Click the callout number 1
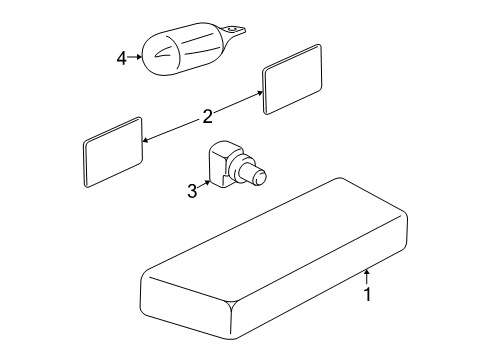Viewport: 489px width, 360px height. point(367,294)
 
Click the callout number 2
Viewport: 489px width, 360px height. point(207,117)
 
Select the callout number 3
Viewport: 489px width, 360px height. point(192,191)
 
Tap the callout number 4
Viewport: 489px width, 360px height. point(122,59)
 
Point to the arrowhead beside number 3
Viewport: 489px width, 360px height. point(208,183)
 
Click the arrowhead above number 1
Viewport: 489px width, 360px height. point(367,272)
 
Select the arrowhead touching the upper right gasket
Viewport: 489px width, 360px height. point(260,93)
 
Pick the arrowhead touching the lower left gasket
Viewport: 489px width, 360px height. point(145,140)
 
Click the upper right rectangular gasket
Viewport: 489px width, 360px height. point(292,79)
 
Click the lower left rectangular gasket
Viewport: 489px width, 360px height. point(113,152)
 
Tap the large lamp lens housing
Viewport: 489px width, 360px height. point(274,259)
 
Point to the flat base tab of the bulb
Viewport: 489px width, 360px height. point(234,31)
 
